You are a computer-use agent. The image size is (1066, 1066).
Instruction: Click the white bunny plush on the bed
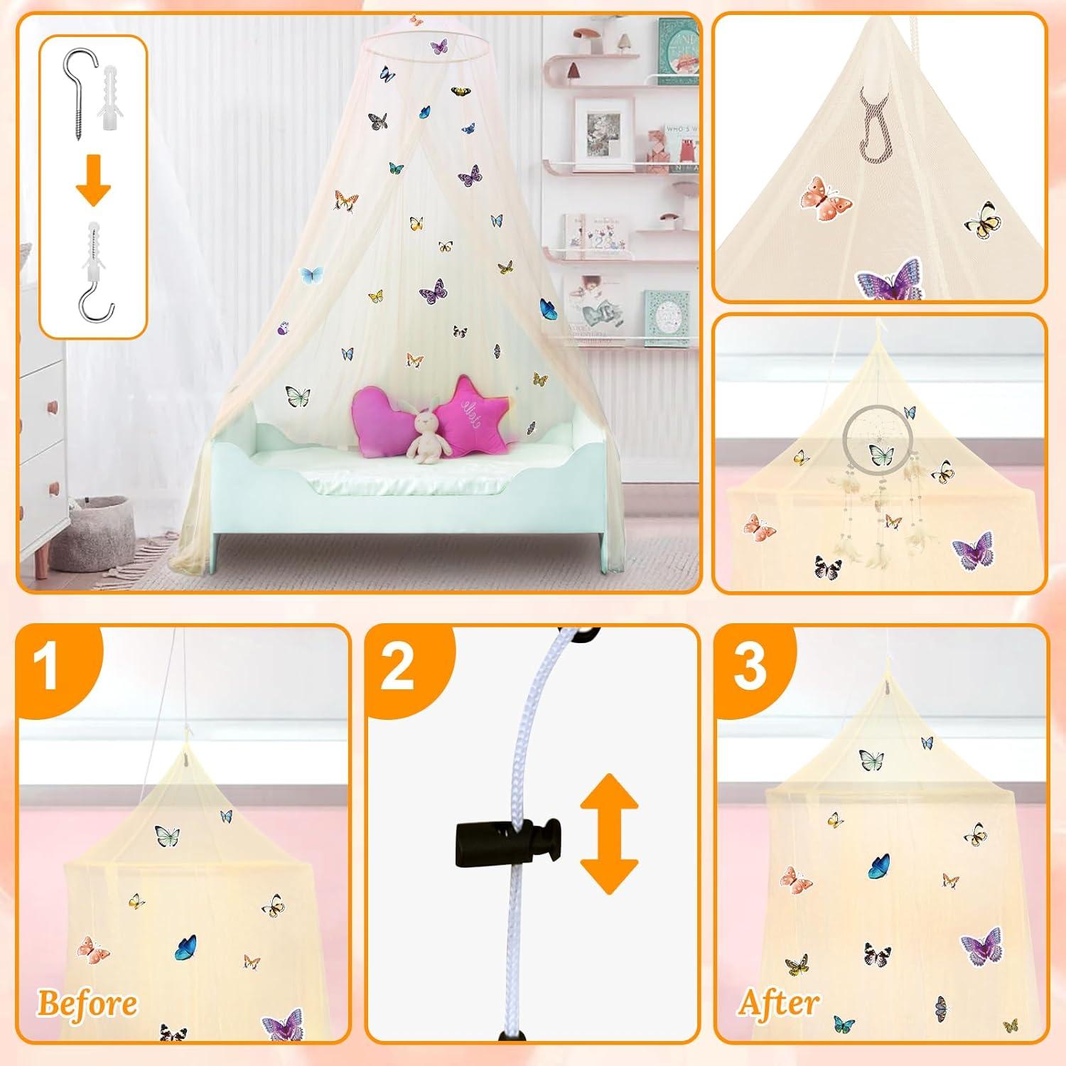pyautogui.click(x=425, y=435)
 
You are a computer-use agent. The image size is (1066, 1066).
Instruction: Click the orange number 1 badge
pyautogui.click(x=48, y=667)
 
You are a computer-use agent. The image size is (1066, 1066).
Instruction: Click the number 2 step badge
pyautogui.click(x=398, y=667)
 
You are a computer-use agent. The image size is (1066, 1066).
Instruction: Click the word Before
pyautogui.click(x=87, y=1003)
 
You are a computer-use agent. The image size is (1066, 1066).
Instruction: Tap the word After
pyautogui.click(x=779, y=1003)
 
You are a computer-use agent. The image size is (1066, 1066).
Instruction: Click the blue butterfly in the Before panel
pyautogui.click(x=186, y=946)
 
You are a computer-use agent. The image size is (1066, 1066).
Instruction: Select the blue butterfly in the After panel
pyautogui.click(x=879, y=865)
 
